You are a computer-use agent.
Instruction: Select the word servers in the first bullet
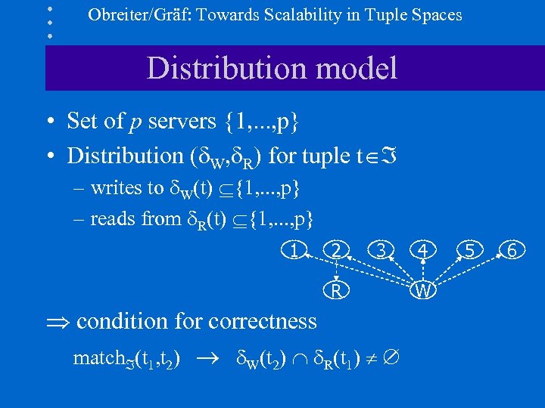[181, 121]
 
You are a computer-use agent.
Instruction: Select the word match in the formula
[96, 358]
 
